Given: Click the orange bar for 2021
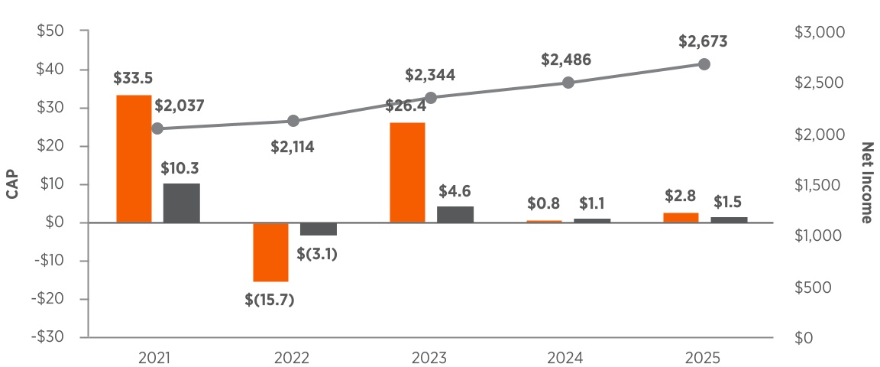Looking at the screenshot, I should (134, 159).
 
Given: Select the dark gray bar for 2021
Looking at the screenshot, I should (181, 203).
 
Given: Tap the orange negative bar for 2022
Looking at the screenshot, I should (270, 252).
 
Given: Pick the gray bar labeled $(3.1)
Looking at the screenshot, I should (318, 229).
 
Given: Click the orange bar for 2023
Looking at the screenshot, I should (407, 173).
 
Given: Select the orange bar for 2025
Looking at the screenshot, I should (681, 218).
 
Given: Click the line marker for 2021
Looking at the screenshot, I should (157, 128).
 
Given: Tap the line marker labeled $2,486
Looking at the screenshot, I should (568, 83).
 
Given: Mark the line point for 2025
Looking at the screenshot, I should (704, 64).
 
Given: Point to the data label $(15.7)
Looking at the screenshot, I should (270, 300).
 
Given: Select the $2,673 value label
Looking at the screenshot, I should (703, 41).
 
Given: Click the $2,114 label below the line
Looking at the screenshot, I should (292, 147).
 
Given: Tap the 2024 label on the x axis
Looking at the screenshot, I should (566, 358).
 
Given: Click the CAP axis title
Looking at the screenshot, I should (12, 184).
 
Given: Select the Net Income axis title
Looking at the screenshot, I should (866, 183).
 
